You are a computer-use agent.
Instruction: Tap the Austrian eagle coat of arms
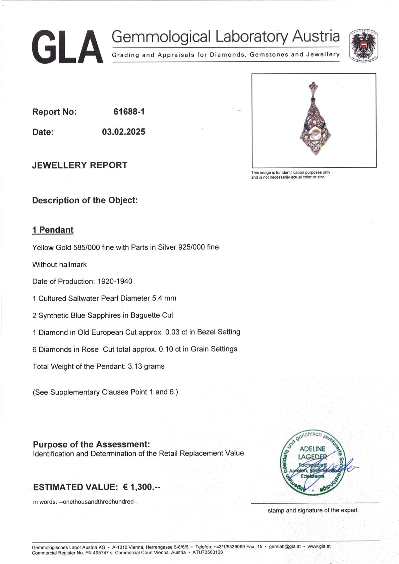click(364, 46)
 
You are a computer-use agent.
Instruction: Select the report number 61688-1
click(129, 112)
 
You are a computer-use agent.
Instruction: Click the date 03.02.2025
click(123, 132)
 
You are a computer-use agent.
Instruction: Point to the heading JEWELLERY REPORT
click(80, 165)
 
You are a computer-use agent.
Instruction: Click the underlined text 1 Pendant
click(53, 230)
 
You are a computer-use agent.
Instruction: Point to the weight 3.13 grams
click(146, 366)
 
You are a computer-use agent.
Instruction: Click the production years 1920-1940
click(115, 281)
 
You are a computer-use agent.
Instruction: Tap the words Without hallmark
click(59, 265)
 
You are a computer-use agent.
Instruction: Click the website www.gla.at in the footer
click(319, 546)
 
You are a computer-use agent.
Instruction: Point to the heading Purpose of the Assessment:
click(91, 444)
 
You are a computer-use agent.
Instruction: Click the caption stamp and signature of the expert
click(312, 510)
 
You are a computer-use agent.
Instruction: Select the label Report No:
click(54, 112)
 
